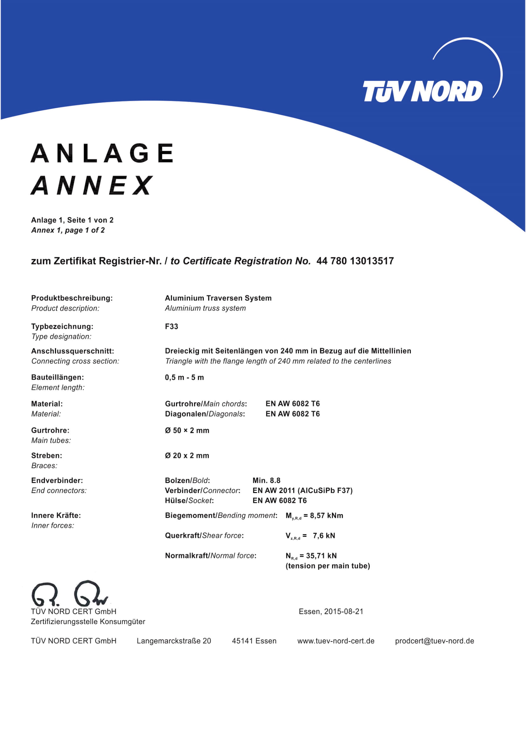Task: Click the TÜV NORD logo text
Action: [x=422, y=91]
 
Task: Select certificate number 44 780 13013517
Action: [x=355, y=261]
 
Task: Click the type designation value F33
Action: [x=172, y=326]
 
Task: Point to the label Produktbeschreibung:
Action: [x=72, y=298]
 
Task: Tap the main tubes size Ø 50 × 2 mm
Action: [x=187, y=430]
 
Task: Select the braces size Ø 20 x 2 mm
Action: [x=187, y=455]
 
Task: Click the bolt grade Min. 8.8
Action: [x=266, y=480]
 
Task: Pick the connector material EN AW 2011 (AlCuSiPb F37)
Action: [x=302, y=490]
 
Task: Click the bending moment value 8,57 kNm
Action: [x=326, y=516]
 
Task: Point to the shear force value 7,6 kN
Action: [x=324, y=536]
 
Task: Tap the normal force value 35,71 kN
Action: [x=321, y=556]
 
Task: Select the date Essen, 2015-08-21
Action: [x=331, y=611]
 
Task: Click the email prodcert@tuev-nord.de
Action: [x=434, y=641]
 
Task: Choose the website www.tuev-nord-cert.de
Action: [x=336, y=641]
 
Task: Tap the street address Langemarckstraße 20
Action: [x=174, y=641]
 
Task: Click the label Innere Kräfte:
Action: [x=56, y=515]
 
